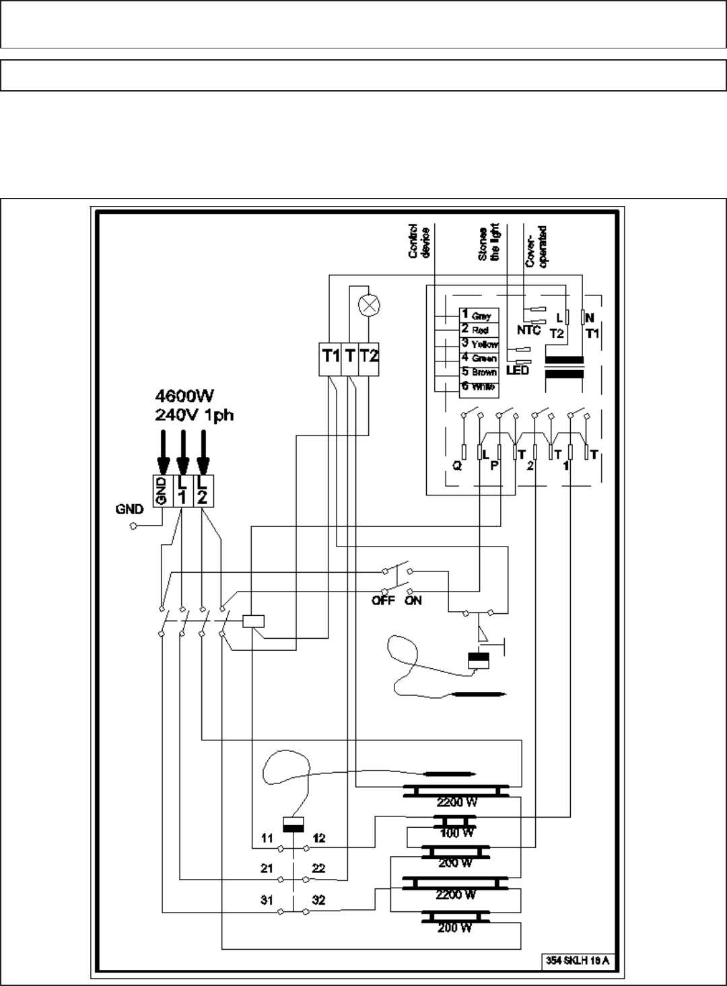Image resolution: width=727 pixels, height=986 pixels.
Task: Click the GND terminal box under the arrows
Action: (x=162, y=490)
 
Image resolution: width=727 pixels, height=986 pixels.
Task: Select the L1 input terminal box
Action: (x=182, y=490)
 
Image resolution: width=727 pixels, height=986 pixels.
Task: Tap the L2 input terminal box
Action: (x=203, y=490)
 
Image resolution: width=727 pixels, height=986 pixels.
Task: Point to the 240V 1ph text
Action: (x=194, y=415)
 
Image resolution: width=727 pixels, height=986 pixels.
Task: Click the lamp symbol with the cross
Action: (x=368, y=305)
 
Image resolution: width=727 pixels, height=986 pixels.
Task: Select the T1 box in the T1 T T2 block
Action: (x=331, y=356)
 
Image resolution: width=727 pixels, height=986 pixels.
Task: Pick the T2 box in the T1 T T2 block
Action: (x=370, y=356)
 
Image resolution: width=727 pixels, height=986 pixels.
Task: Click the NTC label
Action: (x=528, y=330)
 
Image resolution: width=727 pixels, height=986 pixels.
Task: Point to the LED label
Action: (x=517, y=370)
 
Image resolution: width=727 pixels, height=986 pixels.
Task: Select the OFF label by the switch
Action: (x=383, y=600)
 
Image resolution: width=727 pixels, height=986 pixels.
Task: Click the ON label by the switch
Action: (x=413, y=600)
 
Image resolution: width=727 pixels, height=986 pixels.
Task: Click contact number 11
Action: (x=267, y=838)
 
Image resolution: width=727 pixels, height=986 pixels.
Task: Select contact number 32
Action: (x=318, y=900)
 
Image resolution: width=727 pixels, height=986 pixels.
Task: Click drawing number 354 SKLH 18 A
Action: (x=577, y=960)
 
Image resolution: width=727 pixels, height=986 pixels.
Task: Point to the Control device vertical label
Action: (x=419, y=242)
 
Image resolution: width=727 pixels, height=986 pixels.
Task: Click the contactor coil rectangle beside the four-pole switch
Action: (x=253, y=621)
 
